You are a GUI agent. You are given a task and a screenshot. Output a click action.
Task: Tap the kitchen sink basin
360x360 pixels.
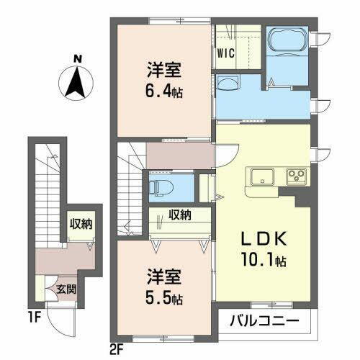point(260,176)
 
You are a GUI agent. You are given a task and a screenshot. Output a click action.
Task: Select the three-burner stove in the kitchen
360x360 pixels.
point(295,176)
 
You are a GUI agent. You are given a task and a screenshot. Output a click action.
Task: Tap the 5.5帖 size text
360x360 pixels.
point(166,295)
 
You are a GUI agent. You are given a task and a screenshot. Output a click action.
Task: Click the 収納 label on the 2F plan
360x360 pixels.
point(181,214)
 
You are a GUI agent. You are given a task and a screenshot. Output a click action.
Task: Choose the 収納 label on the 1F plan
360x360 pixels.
point(81,223)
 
